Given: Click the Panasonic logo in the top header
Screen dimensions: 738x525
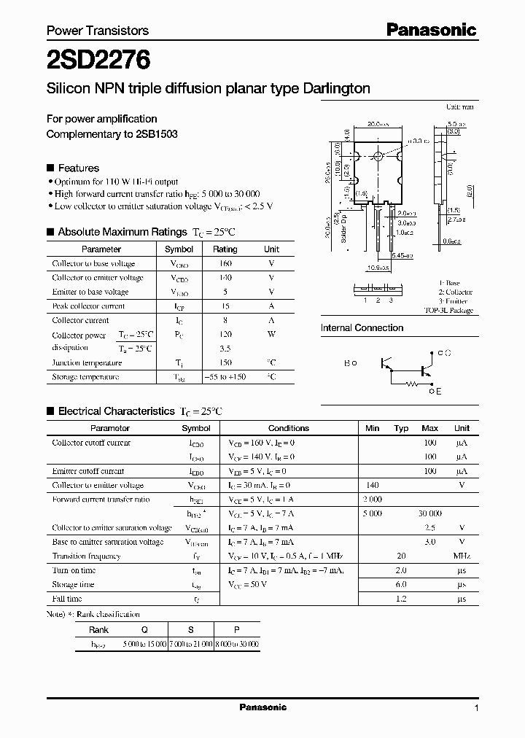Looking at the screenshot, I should point(431,30).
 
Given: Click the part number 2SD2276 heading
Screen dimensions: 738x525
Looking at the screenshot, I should point(98,60).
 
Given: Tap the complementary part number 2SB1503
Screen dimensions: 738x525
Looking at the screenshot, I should point(156,134).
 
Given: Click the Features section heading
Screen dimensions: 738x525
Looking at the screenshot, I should point(78,167).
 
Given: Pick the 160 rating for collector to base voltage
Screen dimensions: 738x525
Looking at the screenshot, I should point(225,263).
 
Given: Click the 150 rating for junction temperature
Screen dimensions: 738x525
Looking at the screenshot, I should point(225,362).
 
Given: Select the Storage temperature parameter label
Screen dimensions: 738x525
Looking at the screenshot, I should point(85,377).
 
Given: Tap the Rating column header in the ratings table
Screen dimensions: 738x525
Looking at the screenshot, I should point(225,249).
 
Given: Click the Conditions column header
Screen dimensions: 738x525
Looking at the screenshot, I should point(289,428).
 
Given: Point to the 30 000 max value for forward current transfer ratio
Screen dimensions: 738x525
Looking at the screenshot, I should point(430,513).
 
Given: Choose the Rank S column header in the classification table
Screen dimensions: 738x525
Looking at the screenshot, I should point(191,629).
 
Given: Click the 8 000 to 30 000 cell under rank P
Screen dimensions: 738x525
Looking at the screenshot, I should point(236,644).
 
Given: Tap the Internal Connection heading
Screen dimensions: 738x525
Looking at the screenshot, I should point(362,328).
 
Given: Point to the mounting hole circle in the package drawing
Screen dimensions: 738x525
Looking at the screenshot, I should point(378,157).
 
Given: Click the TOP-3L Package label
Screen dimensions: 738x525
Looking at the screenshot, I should point(448,310).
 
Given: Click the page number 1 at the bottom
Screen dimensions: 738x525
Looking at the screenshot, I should point(476,708).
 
